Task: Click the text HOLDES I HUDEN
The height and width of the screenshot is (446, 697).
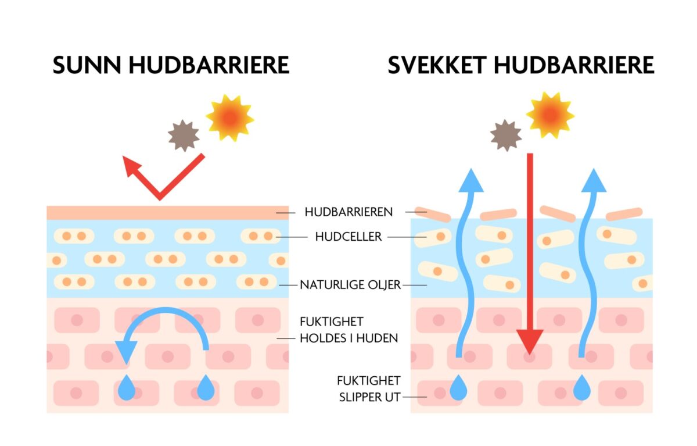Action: [348, 338]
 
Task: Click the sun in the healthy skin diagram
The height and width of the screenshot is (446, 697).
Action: [229, 117]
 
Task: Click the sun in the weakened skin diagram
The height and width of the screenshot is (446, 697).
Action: [549, 115]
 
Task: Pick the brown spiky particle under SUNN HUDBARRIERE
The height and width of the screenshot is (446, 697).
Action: [184, 136]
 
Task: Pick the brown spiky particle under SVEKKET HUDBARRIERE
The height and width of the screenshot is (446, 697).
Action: [505, 135]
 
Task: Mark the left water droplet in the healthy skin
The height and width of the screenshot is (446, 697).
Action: [127, 388]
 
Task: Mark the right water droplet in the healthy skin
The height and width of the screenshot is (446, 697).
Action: [206, 388]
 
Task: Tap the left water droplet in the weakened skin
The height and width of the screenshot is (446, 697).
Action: [458, 388]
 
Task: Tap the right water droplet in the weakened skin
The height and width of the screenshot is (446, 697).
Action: [581, 388]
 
